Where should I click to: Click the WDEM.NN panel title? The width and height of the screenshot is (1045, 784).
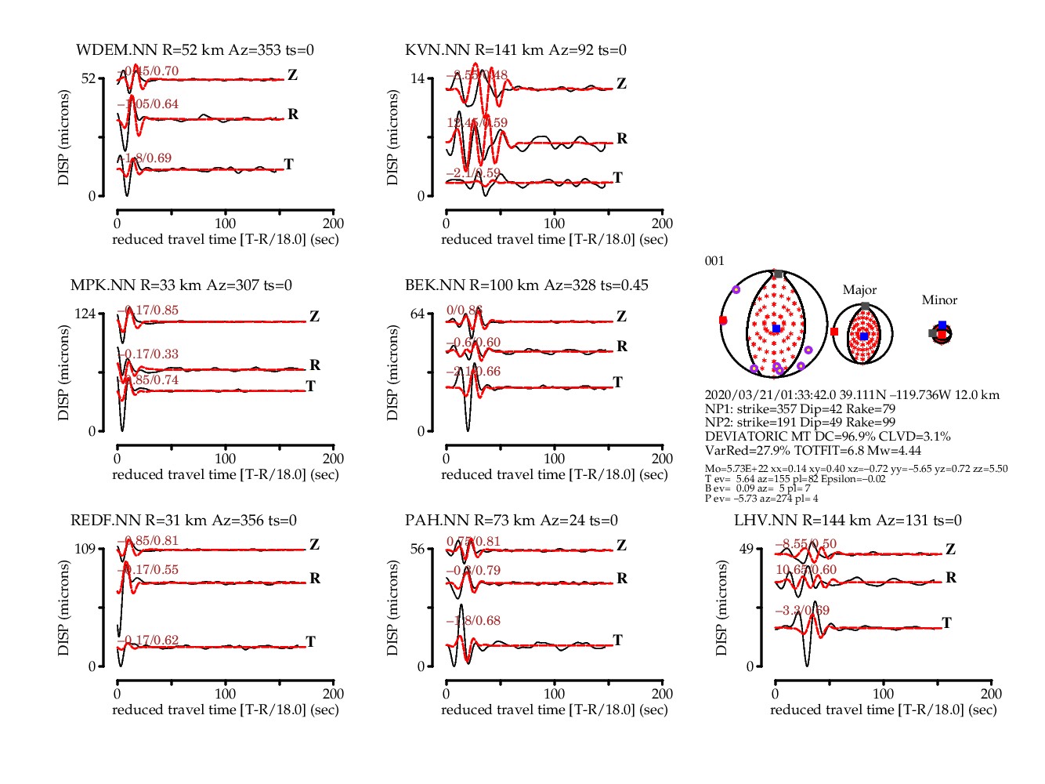tap(194, 50)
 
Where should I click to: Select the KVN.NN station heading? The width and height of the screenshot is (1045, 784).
tap(515, 50)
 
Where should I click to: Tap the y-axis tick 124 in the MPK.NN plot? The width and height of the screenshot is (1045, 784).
tap(84, 314)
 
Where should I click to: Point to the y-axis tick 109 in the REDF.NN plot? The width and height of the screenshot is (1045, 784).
tap(84, 549)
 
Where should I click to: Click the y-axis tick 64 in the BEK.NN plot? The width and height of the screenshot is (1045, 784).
tap(417, 314)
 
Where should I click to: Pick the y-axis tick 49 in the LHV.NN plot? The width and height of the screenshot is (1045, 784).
tap(746, 549)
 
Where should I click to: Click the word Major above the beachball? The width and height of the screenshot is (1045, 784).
tap(859, 290)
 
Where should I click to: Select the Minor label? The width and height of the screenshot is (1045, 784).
tap(939, 300)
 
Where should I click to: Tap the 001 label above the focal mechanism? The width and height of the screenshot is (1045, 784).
tap(714, 261)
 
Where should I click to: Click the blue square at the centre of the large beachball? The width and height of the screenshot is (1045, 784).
tap(776, 328)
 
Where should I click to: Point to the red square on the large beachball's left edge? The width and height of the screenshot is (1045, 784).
tap(722, 321)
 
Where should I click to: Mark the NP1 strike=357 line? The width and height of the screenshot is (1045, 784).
tap(800, 409)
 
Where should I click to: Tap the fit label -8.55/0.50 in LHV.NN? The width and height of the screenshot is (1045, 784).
tap(805, 544)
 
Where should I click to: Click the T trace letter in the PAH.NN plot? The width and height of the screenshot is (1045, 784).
tap(617, 641)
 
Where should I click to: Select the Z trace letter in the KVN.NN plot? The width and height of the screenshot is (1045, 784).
tap(621, 84)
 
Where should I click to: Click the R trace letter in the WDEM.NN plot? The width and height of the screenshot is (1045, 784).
tap(293, 114)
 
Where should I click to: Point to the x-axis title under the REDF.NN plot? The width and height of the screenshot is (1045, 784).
tap(225, 710)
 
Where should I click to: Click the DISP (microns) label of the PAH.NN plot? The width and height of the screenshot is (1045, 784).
tap(393, 608)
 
